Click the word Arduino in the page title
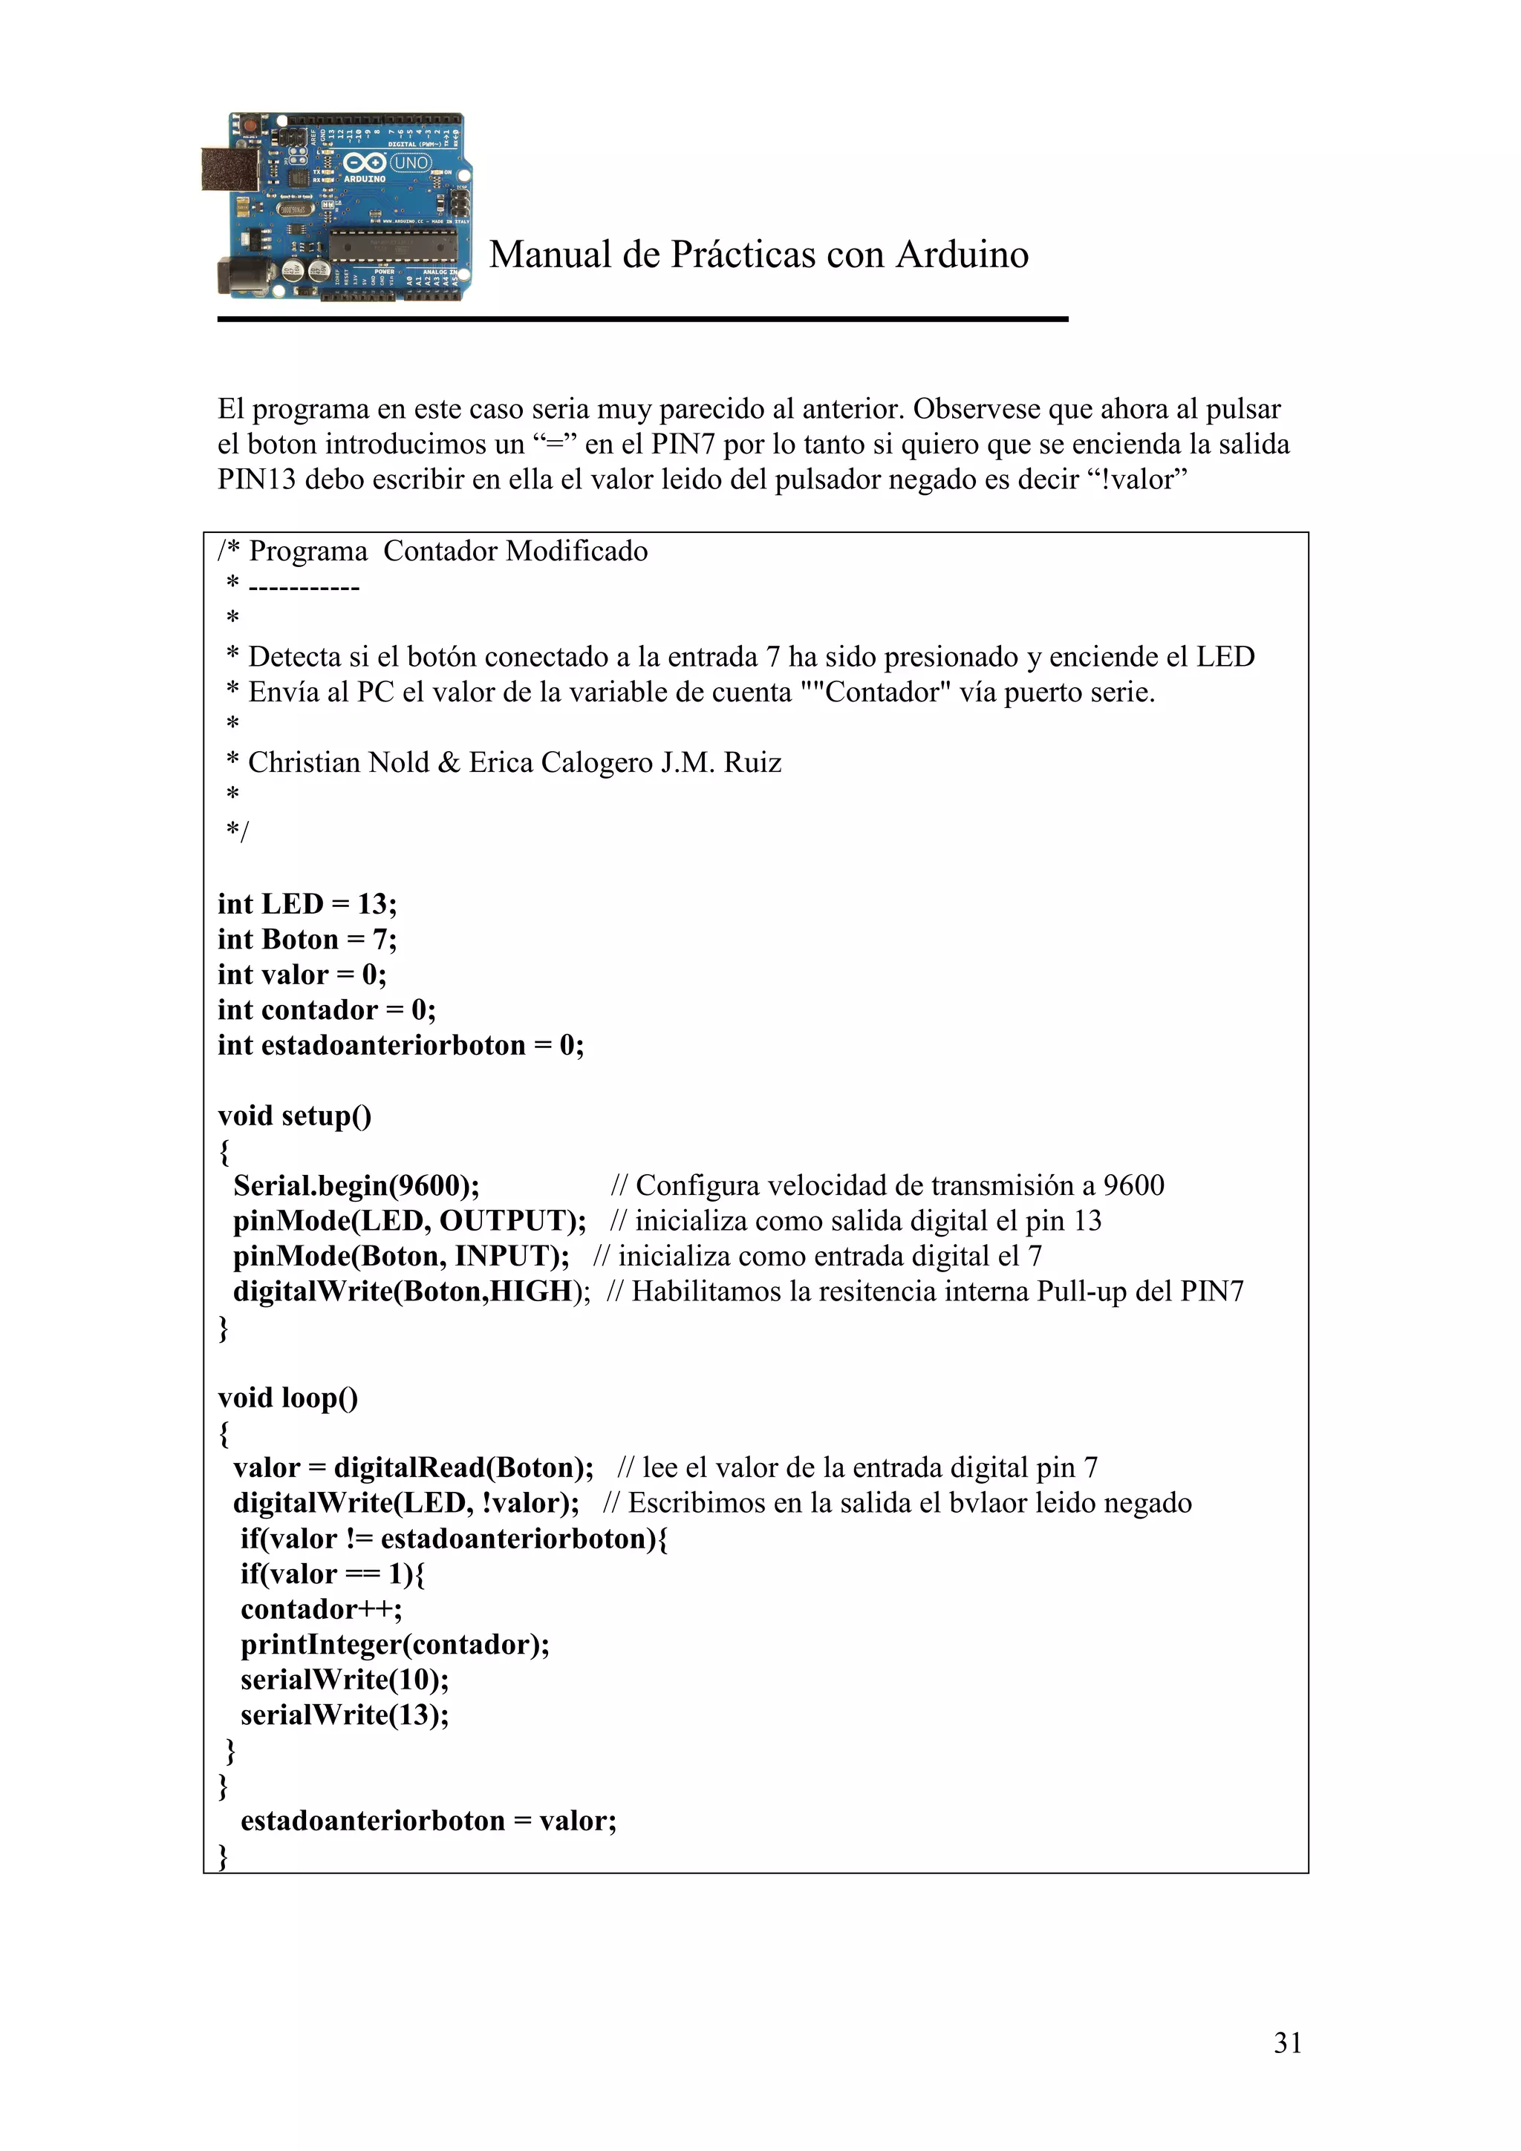tap(962, 255)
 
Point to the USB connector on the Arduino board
tap(229, 168)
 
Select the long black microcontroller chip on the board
tap(391, 246)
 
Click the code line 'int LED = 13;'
tap(307, 904)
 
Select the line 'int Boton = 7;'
tap(307, 939)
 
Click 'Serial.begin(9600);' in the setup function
tap(356, 1186)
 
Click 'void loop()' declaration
tap(287, 1398)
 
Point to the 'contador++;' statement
tap(321, 1609)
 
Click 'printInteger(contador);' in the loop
tap(394, 1644)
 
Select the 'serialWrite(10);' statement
tap(344, 1680)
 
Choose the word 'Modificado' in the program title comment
tap(576, 551)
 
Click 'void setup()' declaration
tap(294, 1116)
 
